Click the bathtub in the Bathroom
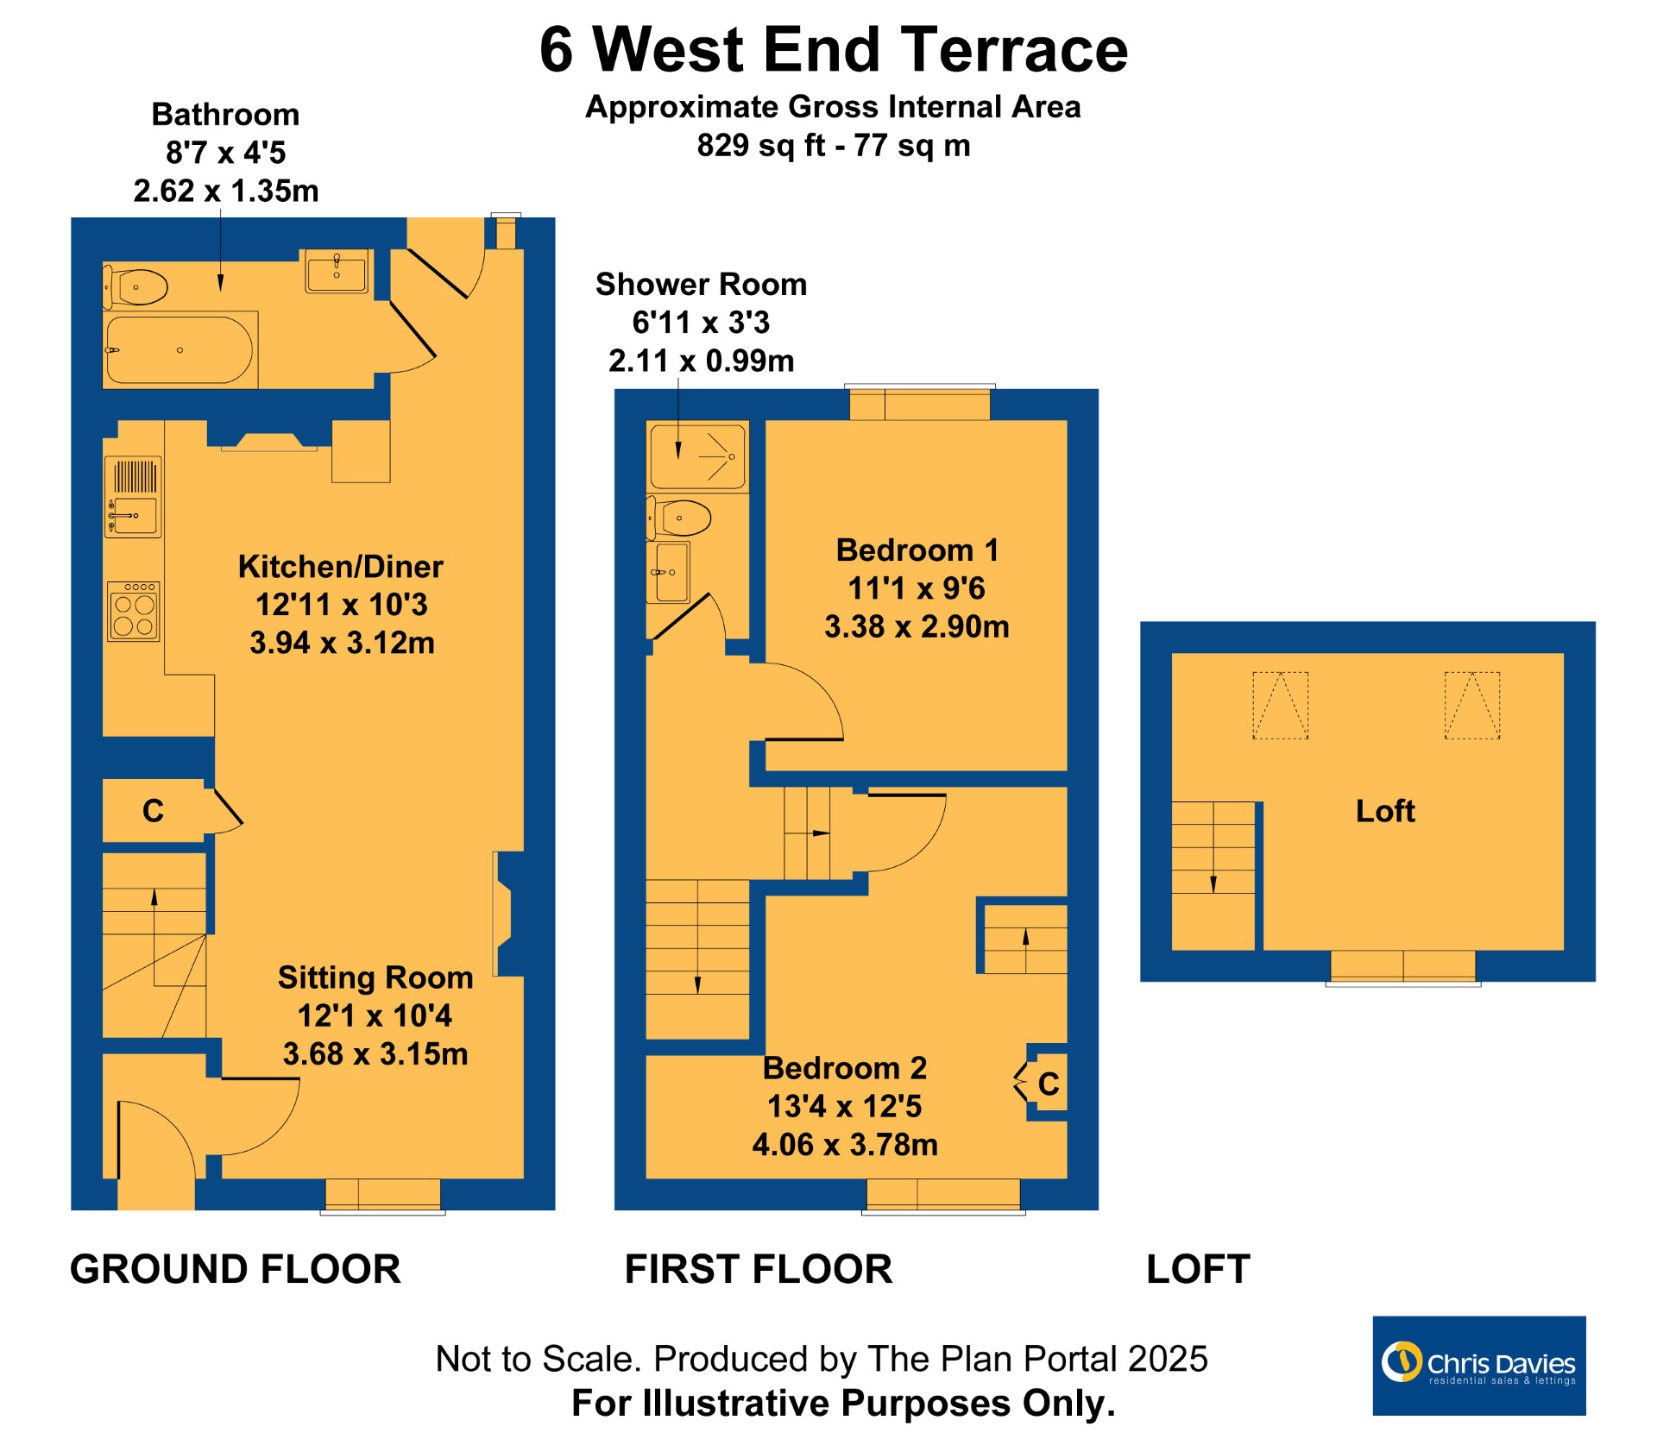pos(180,349)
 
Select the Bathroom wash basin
pos(337,271)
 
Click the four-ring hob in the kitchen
pos(134,612)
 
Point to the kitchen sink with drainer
pos(133,497)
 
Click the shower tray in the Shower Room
pos(697,456)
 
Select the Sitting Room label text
pos(375,977)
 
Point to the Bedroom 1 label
pos(917,550)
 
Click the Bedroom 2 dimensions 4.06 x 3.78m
pos(845,1145)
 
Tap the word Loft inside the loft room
pos(1385,811)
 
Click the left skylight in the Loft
pos(1281,706)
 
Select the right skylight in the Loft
pos(1472,706)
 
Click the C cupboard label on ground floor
pos(153,811)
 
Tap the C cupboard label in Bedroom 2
pos(1049,1084)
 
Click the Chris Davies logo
pos(1479,1366)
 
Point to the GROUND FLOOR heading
pos(236,1270)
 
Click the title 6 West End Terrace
pos(834,49)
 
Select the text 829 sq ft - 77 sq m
pos(834,145)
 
